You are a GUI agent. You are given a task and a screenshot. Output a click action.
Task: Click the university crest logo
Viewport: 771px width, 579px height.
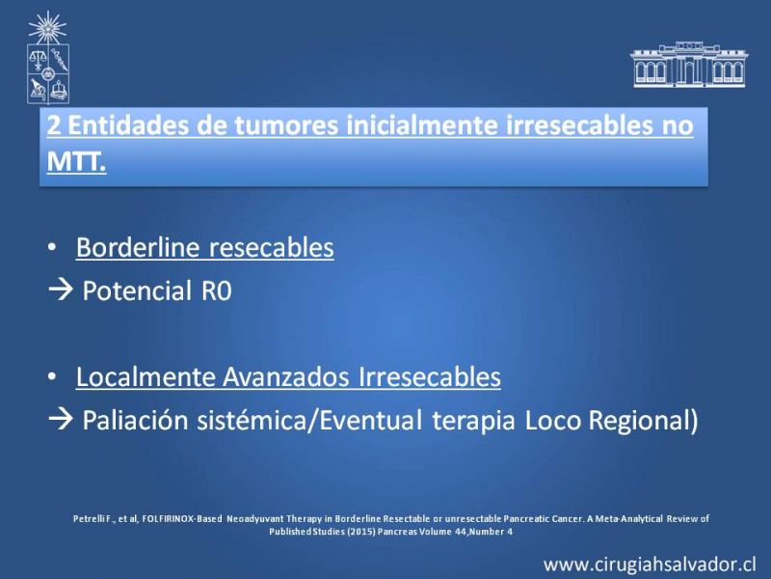pos(47,58)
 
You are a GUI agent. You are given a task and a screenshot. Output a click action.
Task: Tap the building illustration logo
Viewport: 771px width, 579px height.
pos(689,65)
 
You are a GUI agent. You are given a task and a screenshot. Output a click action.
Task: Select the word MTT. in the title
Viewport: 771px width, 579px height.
pos(76,160)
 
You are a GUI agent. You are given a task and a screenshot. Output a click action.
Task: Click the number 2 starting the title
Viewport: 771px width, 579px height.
pos(54,125)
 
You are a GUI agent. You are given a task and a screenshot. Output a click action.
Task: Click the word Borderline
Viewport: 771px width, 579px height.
pos(138,247)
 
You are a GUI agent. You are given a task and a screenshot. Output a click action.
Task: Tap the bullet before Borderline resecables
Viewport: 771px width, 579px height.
pos(52,247)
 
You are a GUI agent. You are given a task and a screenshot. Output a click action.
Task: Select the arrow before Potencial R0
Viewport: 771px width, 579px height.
pos(61,290)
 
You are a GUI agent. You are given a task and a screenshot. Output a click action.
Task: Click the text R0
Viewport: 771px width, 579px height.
pos(216,290)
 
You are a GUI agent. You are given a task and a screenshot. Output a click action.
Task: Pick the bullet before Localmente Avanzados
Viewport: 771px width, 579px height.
pos(52,376)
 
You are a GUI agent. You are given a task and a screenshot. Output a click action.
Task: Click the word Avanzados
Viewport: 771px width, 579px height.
pos(285,377)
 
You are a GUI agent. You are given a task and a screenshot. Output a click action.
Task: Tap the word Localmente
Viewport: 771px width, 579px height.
pos(146,377)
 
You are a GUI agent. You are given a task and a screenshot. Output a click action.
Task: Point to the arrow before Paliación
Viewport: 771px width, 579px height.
pos(61,420)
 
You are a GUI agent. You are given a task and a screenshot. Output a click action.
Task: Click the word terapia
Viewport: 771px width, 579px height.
pos(473,422)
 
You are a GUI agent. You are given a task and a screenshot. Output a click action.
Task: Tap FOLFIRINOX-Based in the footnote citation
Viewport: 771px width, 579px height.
pos(182,519)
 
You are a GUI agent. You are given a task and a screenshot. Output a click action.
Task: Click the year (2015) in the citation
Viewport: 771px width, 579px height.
pos(360,532)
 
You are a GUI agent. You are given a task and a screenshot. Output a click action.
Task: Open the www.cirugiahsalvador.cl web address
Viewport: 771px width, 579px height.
pos(650,565)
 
